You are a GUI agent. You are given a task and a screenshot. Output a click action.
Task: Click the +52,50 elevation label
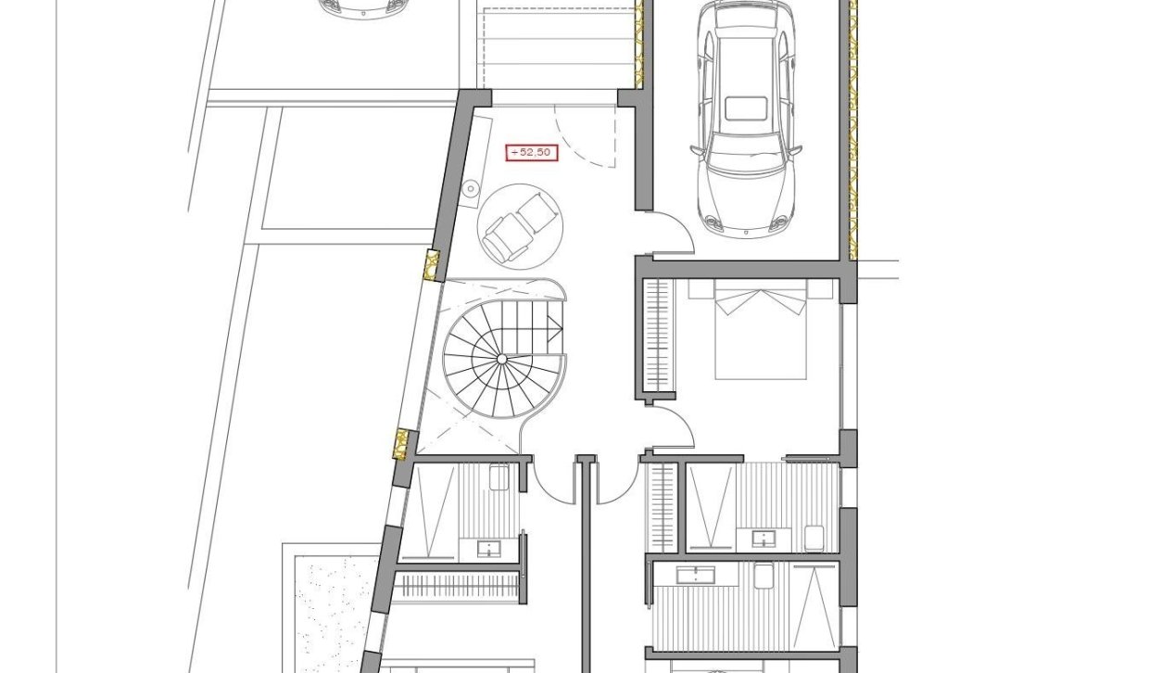tap(532, 153)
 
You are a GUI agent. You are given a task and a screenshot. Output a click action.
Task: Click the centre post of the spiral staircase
tap(501, 358)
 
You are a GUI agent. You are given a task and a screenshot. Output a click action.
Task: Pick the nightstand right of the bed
tap(820, 288)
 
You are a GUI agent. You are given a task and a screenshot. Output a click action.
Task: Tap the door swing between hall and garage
tap(674, 232)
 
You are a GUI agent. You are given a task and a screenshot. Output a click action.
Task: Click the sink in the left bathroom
tap(489, 549)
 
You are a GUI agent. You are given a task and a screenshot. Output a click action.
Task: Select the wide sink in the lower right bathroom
tap(707, 576)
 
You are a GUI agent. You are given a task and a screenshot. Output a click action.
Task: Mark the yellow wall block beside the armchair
tap(430, 265)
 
